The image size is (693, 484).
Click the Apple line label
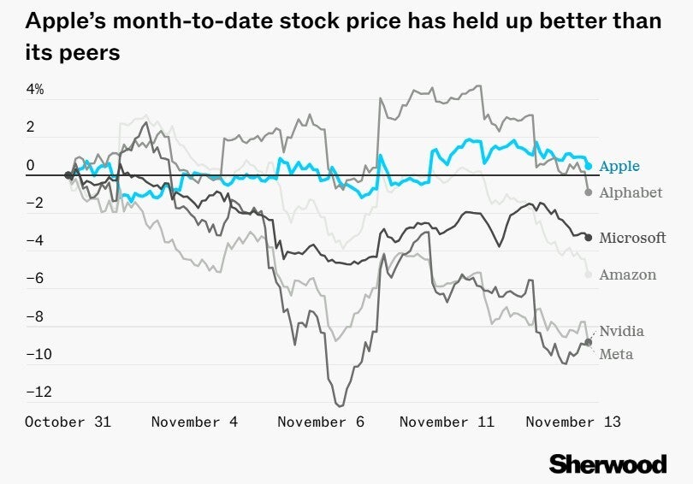coord(619,166)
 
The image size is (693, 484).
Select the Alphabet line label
coord(631,192)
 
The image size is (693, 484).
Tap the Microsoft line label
coord(632,238)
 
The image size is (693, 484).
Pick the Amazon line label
coord(628,274)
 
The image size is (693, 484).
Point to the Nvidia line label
coord(622,331)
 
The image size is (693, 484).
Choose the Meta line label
coord(616,354)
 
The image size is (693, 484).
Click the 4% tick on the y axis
coord(35,89)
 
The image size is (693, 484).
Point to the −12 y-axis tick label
coord(39,392)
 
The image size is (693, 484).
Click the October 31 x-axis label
coord(68,422)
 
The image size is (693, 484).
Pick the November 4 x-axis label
coord(194,422)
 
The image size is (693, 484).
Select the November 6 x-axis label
coord(321,422)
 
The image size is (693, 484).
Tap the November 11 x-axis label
coord(447,422)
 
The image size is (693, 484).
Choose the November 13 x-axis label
coord(572,422)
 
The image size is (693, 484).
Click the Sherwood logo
coord(607,463)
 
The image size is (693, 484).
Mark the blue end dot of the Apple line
coord(589,166)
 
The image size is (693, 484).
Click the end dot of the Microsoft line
coord(588,237)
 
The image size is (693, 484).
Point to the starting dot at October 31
coord(68,175)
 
